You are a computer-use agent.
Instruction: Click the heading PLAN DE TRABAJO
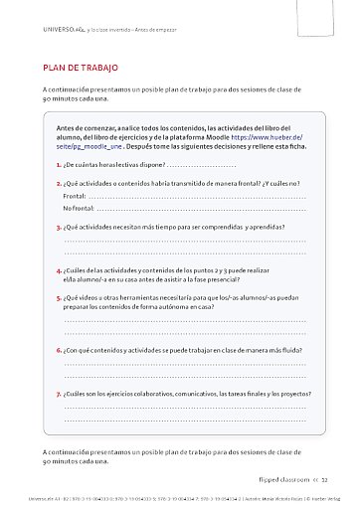81,69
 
